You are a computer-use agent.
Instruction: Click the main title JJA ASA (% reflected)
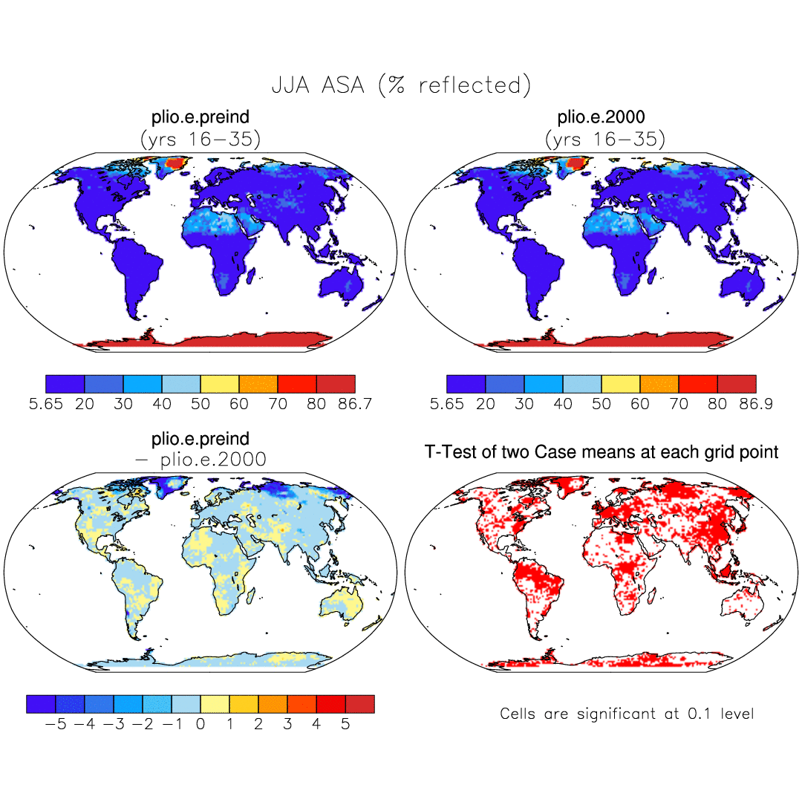(402, 85)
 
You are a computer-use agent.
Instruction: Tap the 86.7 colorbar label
(353, 404)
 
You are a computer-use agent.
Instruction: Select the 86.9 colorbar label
(754, 404)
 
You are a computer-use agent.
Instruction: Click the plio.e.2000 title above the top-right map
(601, 117)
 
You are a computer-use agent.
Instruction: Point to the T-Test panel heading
(601, 451)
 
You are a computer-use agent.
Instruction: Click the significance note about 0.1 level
(627, 714)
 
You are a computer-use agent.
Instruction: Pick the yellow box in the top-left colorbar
(220, 384)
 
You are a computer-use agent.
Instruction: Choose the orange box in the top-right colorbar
(659, 384)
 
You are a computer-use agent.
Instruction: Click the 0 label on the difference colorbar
(200, 724)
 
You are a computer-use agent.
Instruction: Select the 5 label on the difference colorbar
(345, 724)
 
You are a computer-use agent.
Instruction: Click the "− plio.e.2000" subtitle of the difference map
(200, 460)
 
